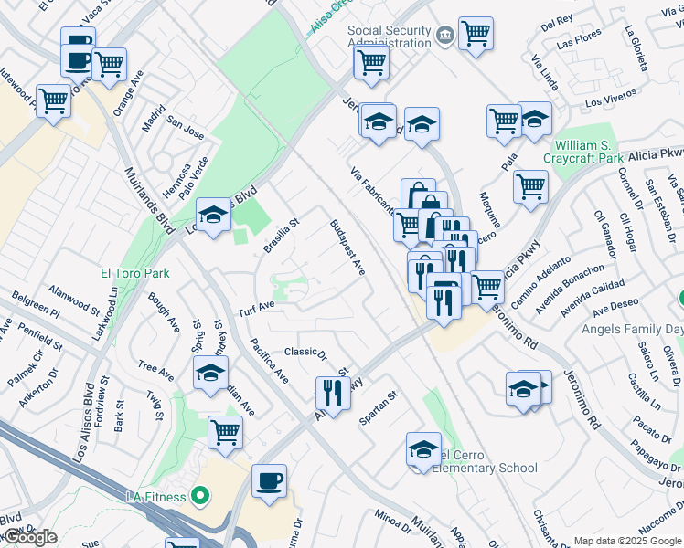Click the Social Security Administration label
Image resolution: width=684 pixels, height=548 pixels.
click(x=389, y=37)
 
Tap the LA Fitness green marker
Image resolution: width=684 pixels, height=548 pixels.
click(x=200, y=497)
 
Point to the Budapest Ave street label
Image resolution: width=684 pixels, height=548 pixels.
click(x=347, y=247)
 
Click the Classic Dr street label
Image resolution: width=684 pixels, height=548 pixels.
click(x=305, y=353)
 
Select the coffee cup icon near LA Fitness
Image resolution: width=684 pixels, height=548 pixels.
click(x=269, y=480)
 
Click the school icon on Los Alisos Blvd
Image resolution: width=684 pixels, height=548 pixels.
click(x=213, y=216)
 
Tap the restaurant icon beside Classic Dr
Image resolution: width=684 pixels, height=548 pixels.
click(x=333, y=393)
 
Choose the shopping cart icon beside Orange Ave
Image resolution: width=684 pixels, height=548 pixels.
click(x=109, y=64)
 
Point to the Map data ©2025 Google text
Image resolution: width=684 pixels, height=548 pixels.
click(x=628, y=541)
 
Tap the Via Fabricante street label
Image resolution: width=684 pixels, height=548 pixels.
click(x=372, y=190)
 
